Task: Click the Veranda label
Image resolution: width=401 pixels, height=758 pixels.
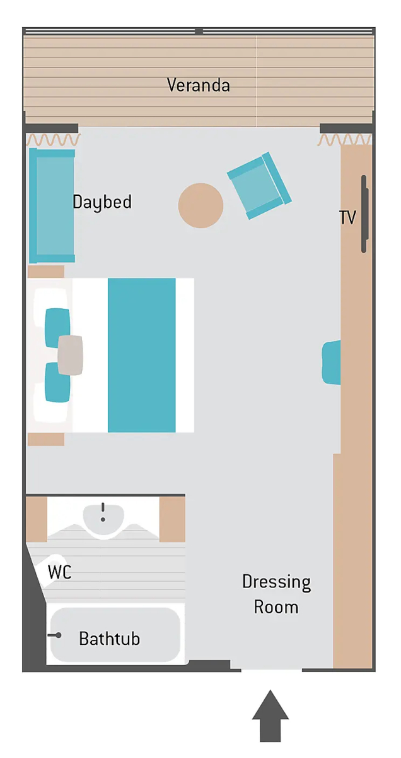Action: click(x=199, y=85)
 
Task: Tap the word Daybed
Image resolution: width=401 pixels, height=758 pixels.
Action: click(x=102, y=202)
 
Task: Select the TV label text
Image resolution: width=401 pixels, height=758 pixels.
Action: click(x=347, y=217)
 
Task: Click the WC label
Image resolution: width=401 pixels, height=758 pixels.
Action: click(x=60, y=572)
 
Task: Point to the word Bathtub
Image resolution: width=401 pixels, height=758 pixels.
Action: click(x=110, y=639)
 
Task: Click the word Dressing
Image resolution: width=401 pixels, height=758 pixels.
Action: click(x=277, y=582)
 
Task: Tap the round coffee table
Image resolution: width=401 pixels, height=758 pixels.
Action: click(x=200, y=205)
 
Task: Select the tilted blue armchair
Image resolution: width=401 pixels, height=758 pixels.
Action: click(x=259, y=186)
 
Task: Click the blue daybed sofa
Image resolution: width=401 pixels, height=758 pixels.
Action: click(x=52, y=205)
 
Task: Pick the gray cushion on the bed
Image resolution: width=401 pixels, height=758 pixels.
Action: click(x=70, y=355)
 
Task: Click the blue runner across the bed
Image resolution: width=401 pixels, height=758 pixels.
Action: click(x=142, y=355)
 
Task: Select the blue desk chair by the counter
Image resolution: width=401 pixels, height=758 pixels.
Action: click(x=332, y=363)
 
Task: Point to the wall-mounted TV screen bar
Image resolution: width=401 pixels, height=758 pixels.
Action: click(x=364, y=214)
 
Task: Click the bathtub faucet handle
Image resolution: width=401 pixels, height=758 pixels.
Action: click(x=54, y=635)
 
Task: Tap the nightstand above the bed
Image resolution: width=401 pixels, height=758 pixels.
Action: click(x=46, y=272)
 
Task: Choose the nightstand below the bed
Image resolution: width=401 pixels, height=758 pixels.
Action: click(x=46, y=439)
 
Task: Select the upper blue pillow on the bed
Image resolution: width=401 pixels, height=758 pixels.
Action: click(x=57, y=328)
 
